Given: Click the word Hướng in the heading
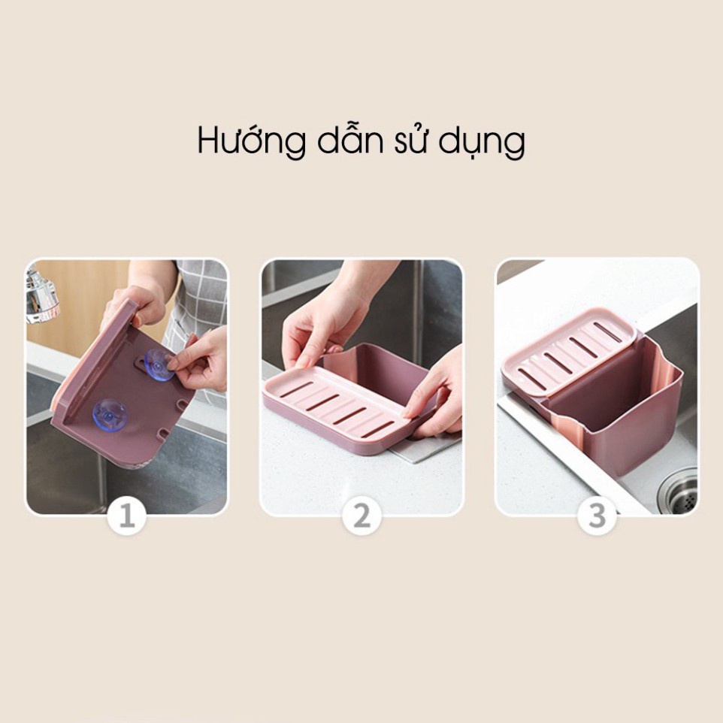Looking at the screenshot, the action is [251, 140].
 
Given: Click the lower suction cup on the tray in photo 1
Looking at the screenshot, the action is [110, 415].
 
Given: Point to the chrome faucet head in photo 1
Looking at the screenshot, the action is [41, 295].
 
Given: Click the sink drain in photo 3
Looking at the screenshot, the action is [678, 492].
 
